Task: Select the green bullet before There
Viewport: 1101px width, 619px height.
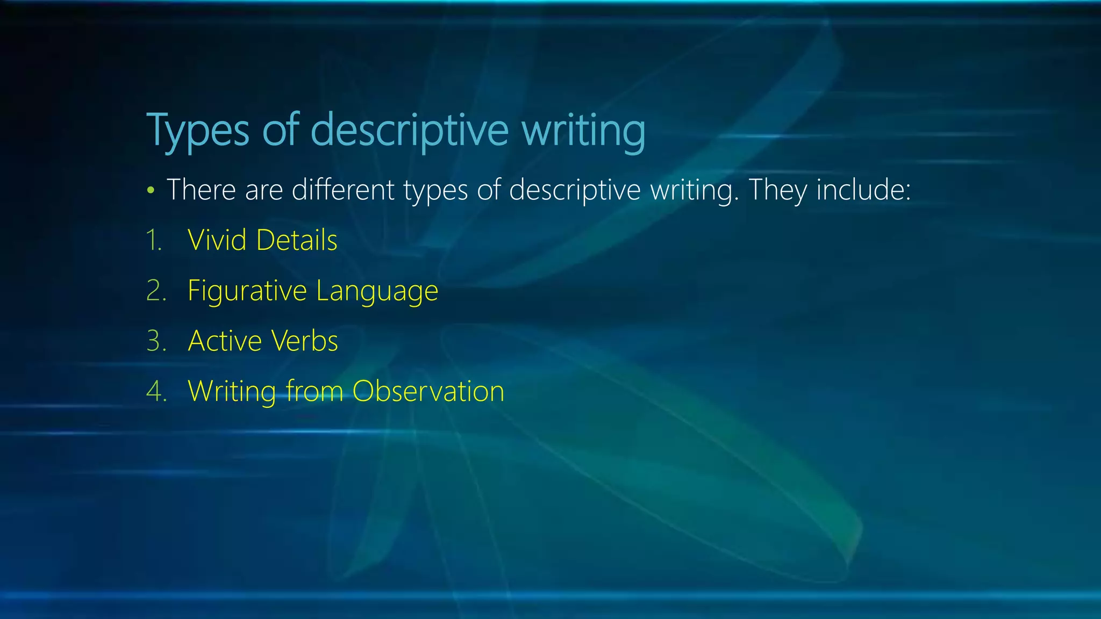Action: click(151, 190)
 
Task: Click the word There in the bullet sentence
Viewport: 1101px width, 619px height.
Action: click(201, 190)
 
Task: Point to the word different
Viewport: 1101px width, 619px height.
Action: click(343, 190)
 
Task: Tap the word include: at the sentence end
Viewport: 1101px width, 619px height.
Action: click(863, 190)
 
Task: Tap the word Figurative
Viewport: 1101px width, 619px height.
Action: click(247, 291)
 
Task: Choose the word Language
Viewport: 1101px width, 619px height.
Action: click(377, 291)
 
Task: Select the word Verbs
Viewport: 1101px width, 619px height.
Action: click(304, 341)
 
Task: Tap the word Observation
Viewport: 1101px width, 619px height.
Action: click(428, 391)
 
